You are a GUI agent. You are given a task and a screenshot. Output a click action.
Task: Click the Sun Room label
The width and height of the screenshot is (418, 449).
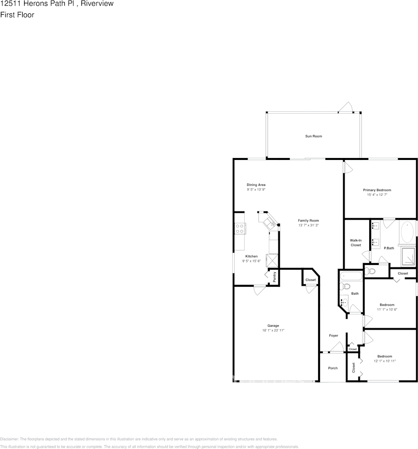click(x=313, y=136)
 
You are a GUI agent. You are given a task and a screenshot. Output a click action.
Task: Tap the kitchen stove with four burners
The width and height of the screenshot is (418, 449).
click(x=240, y=229)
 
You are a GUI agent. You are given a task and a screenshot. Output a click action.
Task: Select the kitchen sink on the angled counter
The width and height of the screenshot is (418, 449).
click(x=271, y=222)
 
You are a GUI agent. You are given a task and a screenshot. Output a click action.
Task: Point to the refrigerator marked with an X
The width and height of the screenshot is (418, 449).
click(x=273, y=261)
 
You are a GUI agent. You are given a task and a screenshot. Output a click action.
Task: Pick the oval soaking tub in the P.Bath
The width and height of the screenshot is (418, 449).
click(x=407, y=232)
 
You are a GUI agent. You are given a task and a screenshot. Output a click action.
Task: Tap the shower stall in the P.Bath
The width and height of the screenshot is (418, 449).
click(x=408, y=257)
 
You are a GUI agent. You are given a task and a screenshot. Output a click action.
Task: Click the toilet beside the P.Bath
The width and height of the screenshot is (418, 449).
click(x=371, y=271)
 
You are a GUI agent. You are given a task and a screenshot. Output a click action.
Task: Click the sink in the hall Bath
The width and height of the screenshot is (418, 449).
click(x=344, y=302)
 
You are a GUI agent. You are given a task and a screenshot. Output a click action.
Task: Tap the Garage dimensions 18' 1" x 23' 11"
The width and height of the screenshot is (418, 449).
click(x=273, y=330)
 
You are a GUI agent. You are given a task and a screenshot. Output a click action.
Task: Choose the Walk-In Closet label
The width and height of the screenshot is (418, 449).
click(x=356, y=243)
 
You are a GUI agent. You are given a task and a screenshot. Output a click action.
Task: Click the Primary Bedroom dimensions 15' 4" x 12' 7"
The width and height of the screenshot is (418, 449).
click(x=377, y=195)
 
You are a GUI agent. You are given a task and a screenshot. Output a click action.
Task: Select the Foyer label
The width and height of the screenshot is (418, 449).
click(x=334, y=335)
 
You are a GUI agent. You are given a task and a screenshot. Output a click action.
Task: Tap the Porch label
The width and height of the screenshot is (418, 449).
click(x=333, y=368)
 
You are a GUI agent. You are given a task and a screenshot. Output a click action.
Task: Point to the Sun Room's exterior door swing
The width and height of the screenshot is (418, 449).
click(x=347, y=107)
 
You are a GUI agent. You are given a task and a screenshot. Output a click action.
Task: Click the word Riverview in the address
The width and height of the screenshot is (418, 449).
click(x=97, y=4)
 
